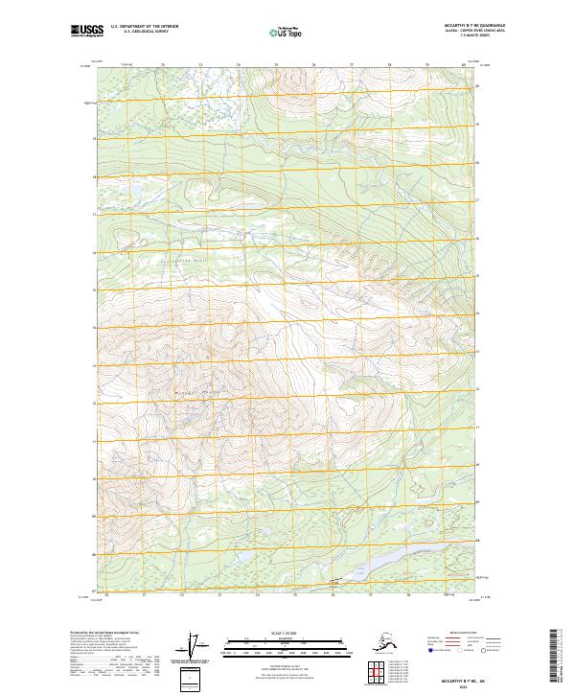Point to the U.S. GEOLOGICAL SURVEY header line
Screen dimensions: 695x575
point(141,35)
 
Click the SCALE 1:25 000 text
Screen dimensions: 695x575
point(287,634)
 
